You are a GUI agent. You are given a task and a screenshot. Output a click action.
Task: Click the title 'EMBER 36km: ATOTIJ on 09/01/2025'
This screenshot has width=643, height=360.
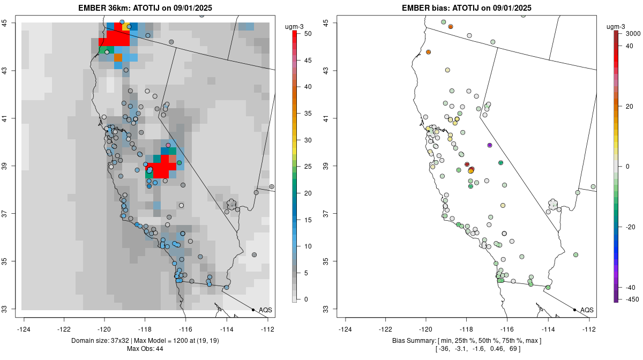[x=148, y=8]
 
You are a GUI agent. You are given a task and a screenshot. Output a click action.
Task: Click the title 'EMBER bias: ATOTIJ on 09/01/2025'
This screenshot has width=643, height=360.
[x=466, y=8]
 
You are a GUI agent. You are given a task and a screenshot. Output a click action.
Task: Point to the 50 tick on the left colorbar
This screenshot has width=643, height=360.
[x=308, y=33]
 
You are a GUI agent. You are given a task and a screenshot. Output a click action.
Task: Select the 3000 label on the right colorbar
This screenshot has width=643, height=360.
[x=633, y=33]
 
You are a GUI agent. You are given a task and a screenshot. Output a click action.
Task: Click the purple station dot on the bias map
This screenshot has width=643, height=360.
[x=490, y=145]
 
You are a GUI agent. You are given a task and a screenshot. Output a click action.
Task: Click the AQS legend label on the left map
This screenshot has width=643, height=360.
[x=265, y=310]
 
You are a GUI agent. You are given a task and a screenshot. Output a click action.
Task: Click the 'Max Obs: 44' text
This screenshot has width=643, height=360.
[x=145, y=349]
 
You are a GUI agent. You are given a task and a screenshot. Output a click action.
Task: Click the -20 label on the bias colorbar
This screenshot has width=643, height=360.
[x=631, y=227]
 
